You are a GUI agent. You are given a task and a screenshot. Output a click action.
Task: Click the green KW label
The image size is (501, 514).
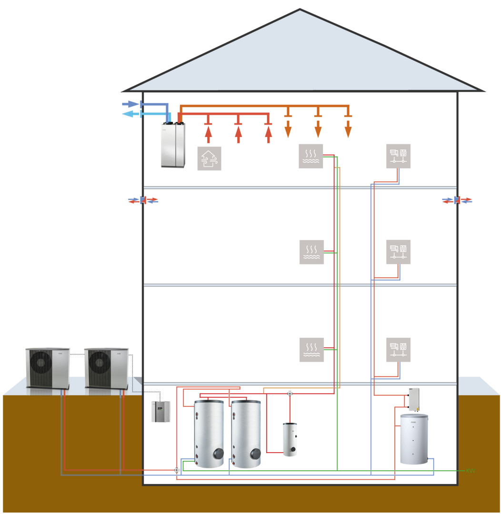471,471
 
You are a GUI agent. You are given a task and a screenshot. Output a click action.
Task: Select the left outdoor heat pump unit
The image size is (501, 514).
47,368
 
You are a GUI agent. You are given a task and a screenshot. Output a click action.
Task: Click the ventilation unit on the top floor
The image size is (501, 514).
173,145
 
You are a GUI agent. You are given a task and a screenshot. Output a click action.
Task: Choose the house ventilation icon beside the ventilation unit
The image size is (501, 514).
210,158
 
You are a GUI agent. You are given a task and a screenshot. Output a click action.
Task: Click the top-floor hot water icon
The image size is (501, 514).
311,156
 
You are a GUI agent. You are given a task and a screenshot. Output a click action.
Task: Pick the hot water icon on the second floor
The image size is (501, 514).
311,252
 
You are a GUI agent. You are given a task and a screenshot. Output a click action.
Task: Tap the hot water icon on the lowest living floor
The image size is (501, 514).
311,349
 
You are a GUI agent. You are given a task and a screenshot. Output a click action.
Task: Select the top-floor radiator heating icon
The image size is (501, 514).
398,156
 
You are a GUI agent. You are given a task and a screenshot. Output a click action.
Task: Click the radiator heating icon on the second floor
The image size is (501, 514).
398,252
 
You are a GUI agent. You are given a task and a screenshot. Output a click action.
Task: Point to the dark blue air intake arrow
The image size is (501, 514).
130,104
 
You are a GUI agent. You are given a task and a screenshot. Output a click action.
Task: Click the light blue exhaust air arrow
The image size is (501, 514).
130,114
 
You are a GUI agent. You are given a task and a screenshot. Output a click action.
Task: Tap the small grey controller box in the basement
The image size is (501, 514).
160,411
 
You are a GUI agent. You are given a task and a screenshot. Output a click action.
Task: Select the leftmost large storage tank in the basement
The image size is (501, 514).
209,434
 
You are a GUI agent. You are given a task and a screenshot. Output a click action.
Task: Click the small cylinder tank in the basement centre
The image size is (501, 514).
290,439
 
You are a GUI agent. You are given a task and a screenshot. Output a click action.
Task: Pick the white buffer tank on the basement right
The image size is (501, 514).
414,438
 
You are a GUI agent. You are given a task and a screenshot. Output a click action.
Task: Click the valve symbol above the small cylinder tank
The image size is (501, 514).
290,394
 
